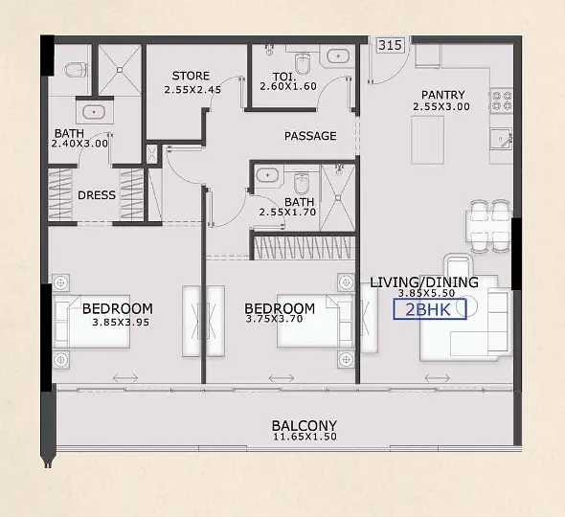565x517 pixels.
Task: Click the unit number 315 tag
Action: (x=391, y=45)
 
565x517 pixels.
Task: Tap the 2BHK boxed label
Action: (x=430, y=309)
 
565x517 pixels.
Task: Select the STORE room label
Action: (x=191, y=76)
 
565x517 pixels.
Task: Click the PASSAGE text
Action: (x=310, y=136)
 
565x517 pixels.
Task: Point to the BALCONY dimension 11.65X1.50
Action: (x=305, y=437)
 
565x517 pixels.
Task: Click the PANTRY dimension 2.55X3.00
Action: (x=441, y=106)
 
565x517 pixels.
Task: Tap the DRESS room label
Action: (x=97, y=195)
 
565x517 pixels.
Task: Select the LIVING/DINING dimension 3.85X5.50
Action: (x=426, y=293)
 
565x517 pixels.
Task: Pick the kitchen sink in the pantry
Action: (x=501, y=139)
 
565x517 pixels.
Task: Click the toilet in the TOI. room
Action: (x=302, y=63)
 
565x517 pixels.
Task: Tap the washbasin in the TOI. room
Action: (x=338, y=56)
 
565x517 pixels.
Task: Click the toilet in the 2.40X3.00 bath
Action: (x=76, y=70)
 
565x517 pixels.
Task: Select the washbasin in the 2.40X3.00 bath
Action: (x=94, y=112)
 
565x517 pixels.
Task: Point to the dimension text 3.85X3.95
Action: (x=121, y=322)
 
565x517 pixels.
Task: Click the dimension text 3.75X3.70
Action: (x=274, y=319)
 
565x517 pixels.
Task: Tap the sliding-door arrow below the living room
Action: (x=437, y=378)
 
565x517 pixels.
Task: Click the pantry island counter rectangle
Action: (x=427, y=140)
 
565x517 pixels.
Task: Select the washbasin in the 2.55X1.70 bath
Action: (x=267, y=175)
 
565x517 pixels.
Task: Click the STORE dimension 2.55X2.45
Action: (x=192, y=90)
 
